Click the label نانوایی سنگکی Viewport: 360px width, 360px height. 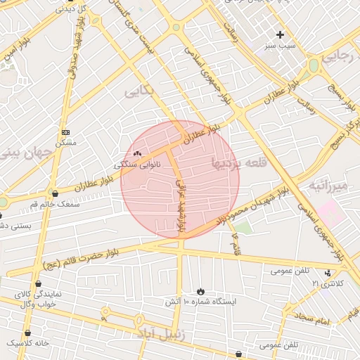(x=137, y=164)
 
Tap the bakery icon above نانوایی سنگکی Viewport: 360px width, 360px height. (x=137, y=153)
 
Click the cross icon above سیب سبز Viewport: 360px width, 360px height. (x=281, y=34)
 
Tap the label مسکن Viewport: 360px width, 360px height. (x=65, y=143)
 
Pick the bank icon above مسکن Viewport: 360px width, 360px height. (x=66, y=132)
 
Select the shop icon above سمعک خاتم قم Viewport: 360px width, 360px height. (x=56, y=193)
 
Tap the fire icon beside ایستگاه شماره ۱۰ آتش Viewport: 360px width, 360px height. (x=200, y=290)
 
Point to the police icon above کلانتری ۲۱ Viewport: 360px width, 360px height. (x=328, y=273)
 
